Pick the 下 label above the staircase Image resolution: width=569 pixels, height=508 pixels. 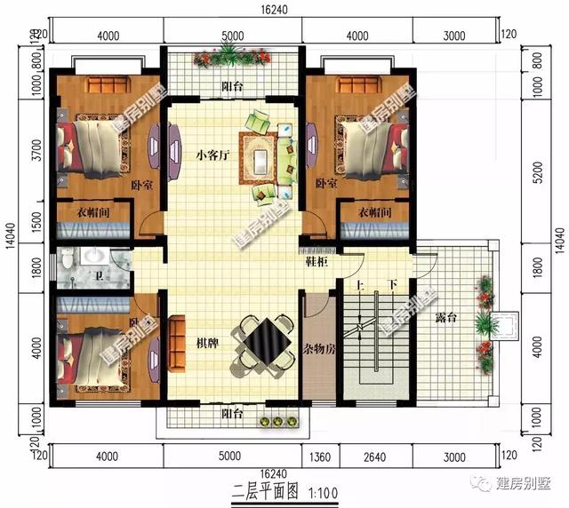point(392,287)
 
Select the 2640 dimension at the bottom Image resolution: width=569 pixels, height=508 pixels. point(375,457)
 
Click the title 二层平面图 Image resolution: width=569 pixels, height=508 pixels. point(267,489)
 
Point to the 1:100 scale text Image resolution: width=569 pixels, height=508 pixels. point(323,489)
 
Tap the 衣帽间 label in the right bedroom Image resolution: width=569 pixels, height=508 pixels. point(377,213)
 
